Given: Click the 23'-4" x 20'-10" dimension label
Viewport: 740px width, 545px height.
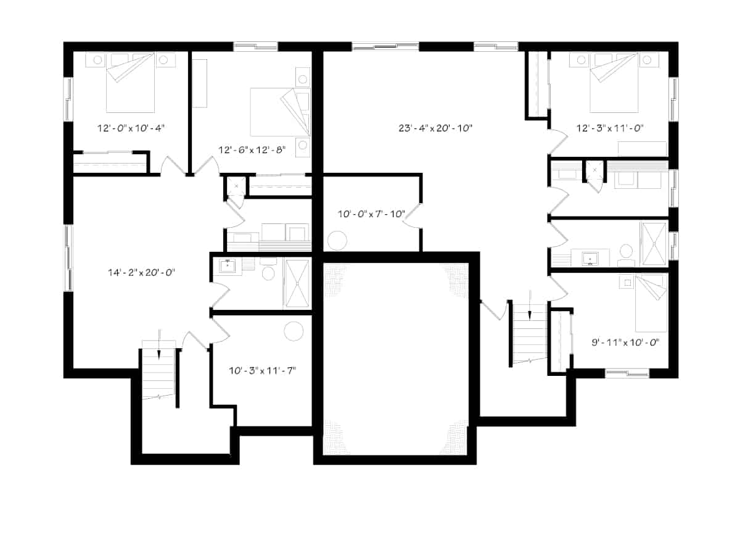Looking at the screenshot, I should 435,128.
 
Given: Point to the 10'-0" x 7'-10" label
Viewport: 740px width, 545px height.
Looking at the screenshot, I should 371,214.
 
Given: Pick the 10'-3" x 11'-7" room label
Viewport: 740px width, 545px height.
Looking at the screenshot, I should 261,371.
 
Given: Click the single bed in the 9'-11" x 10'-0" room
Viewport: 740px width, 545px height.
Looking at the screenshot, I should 651,303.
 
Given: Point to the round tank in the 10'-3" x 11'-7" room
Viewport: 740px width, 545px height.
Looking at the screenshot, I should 294,331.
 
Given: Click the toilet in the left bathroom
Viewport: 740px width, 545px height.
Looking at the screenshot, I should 269,272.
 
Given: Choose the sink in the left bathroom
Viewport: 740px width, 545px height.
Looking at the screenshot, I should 228,266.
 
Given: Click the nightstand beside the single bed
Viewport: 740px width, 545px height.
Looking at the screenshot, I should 627,282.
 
